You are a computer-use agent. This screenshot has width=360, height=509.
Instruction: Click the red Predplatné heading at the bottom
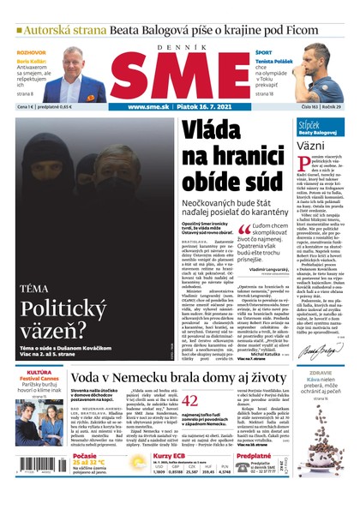[253, 456]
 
